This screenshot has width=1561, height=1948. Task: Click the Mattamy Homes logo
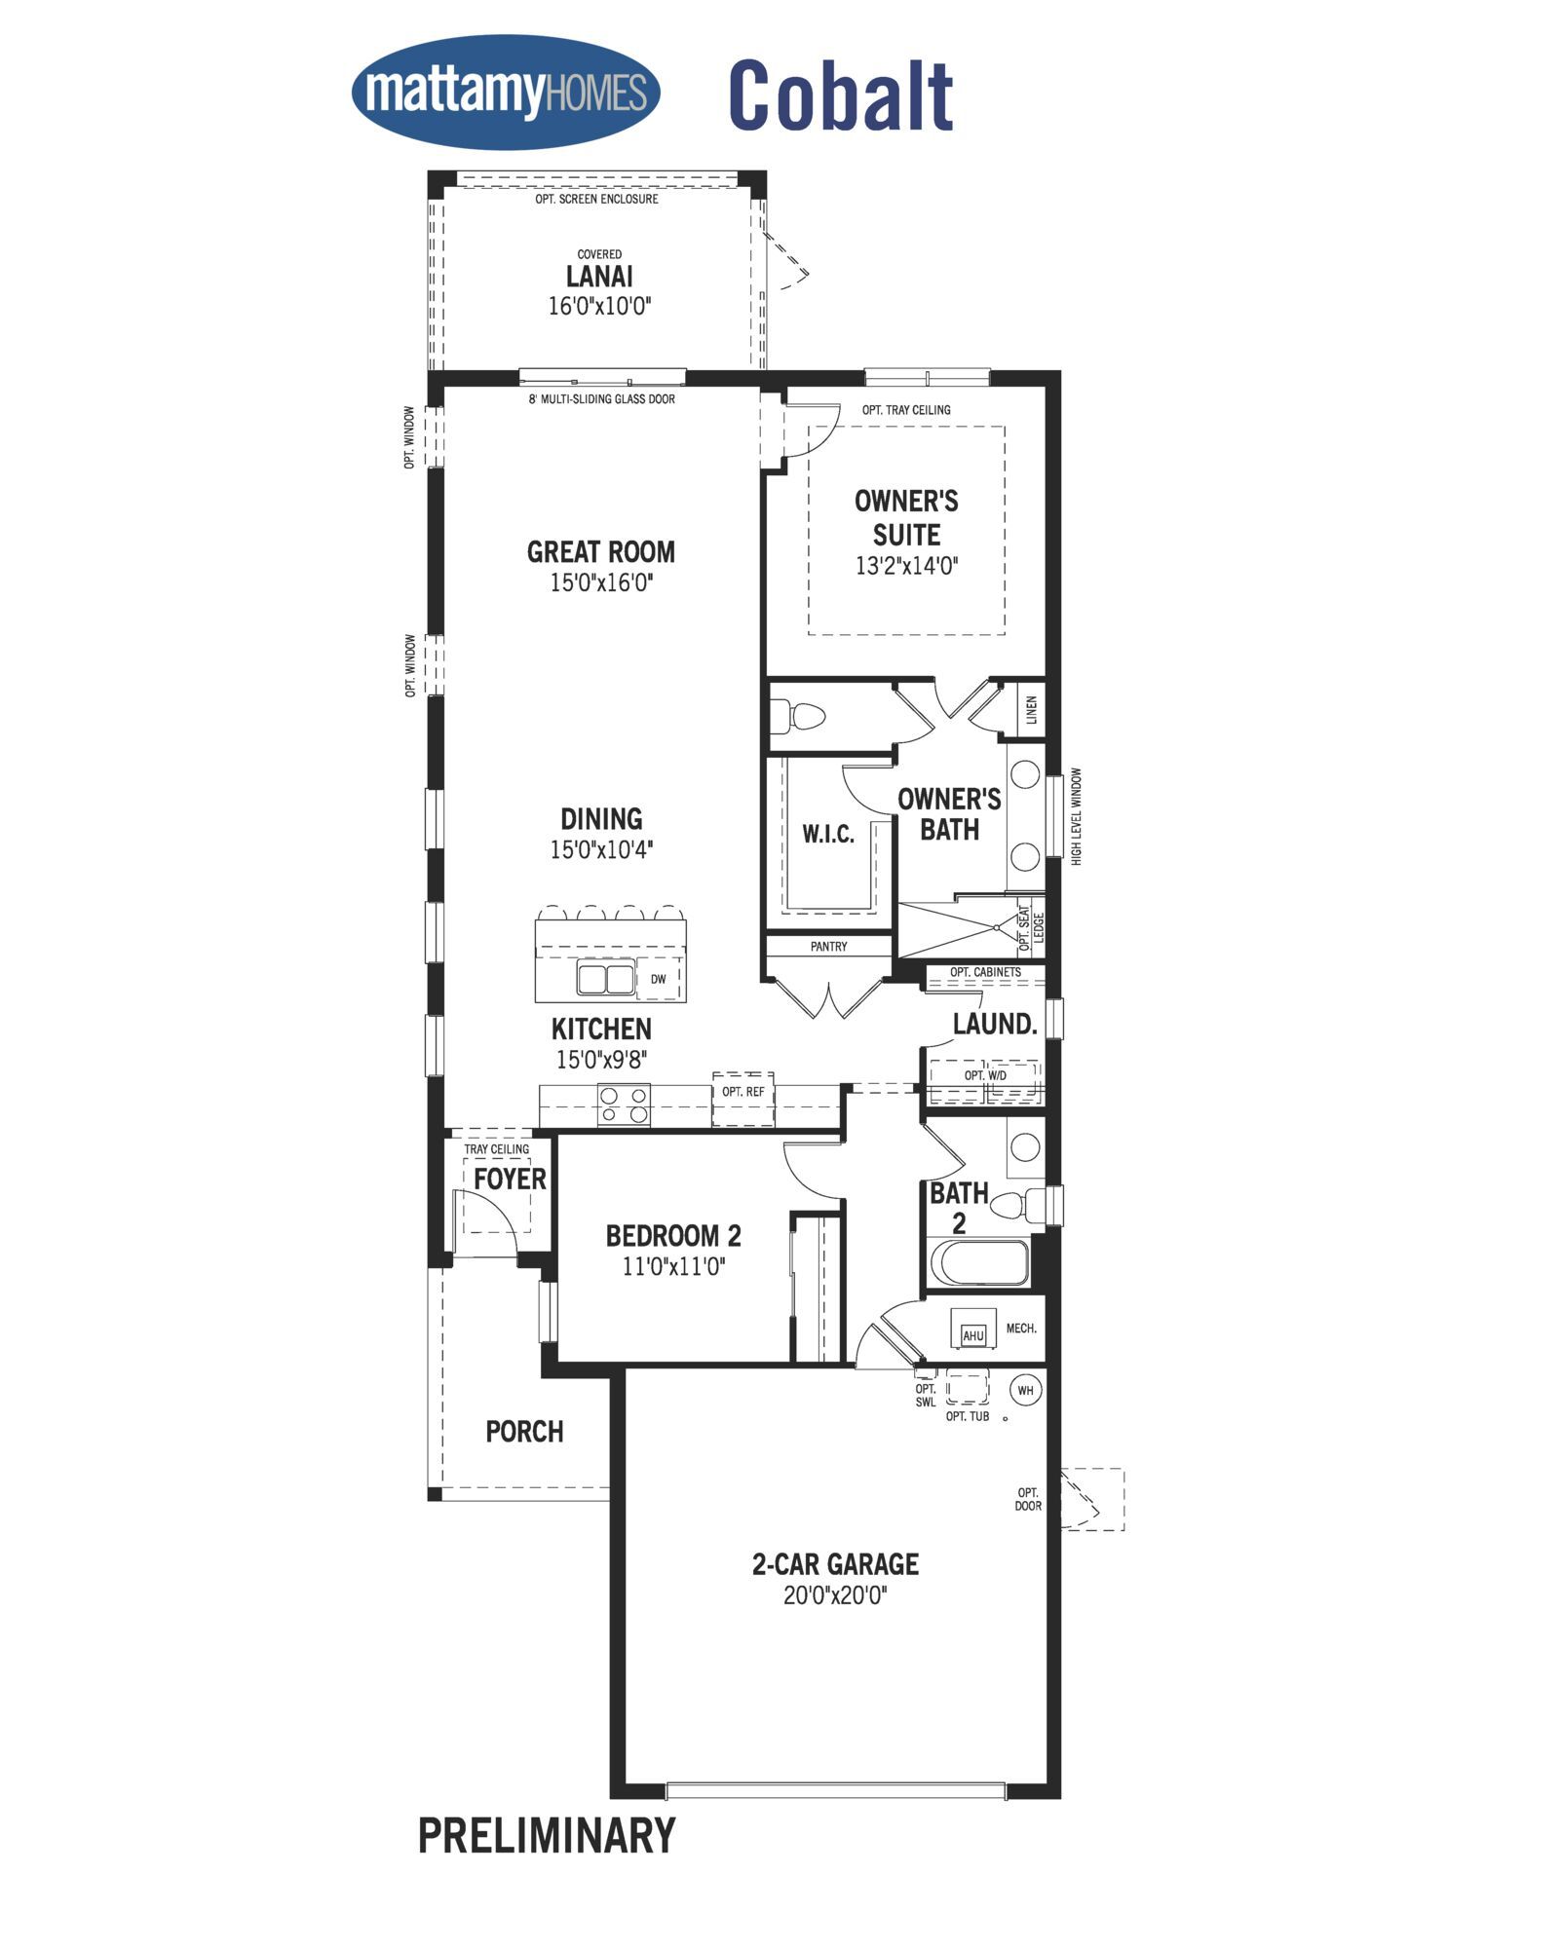pyautogui.click(x=506, y=93)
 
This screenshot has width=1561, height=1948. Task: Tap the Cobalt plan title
pyautogui.click(x=841, y=95)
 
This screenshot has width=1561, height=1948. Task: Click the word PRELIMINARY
pyautogui.click(x=547, y=1835)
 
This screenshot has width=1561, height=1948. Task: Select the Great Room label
pyautogui.click(x=601, y=552)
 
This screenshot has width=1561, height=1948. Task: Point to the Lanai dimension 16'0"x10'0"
pyautogui.click(x=599, y=306)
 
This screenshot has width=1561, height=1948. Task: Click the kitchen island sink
pyautogui.click(x=606, y=978)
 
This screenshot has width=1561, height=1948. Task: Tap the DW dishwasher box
pyautogui.click(x=659, y=979)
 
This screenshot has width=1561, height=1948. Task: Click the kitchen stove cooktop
pyautogui.click(x=624, y=1105)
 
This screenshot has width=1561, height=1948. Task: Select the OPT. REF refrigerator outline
pyautogui.click(x=743, y=1099)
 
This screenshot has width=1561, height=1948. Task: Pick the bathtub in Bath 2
pyautogui.click(x=979, y=1263)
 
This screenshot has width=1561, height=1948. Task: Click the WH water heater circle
pyautogui.click(x=1025, y=1390)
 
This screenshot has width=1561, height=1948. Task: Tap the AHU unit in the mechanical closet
pyautogui.click(x=973, y=1334)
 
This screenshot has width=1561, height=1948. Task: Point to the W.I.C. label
pyautogui.click(x=828, y=834)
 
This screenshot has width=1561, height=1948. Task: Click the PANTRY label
pyautogui.click(x=829, y=946)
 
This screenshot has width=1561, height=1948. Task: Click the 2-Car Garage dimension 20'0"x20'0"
pyautogui.click(x=836, y=1595)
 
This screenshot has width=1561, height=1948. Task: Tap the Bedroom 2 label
pyautogui.click(x=673, y=1236)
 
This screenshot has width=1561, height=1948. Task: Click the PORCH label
pyautogui.click(x=524, y=1432)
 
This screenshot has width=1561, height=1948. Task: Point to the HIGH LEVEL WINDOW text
pyautogui.click(x=1077, y=816)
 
